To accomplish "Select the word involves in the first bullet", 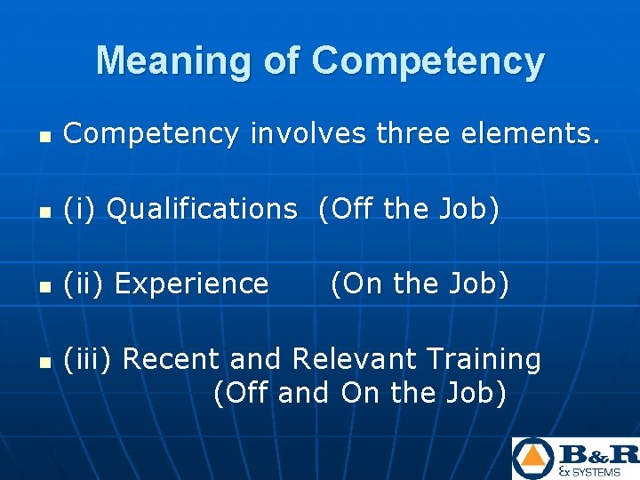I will (x=308, y=134).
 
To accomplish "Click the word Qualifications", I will (x=202, y=209).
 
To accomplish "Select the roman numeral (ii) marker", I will (x=85, y=284).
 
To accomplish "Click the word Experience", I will (x=191, y=284).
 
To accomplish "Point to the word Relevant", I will (x=354, y=359).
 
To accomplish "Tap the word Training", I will (x=484, y=359).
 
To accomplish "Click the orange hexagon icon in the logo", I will (x=532, y=458).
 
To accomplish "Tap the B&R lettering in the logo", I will (x=596, y=453).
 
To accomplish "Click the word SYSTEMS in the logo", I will (x=602, y=472).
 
